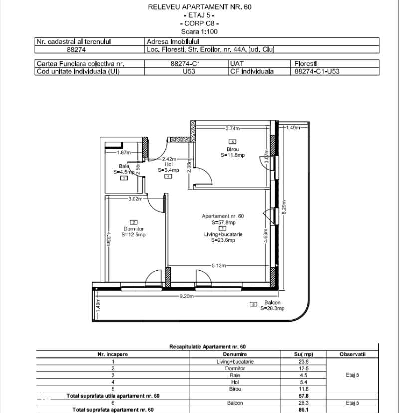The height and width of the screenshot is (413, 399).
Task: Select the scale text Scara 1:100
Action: point(199,31)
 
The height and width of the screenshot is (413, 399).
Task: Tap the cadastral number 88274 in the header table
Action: point(76,49)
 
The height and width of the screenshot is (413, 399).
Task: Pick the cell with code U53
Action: point(186,71)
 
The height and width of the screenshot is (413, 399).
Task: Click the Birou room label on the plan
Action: point(233,149)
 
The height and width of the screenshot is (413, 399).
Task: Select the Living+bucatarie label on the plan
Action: point(223,234)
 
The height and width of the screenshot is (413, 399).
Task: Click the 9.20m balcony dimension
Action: point(187,296)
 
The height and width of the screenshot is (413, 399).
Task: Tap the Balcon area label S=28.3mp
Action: point(272,309)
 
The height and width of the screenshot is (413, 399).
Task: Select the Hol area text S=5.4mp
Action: point(168,170)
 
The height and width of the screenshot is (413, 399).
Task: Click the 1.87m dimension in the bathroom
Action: point(123,152)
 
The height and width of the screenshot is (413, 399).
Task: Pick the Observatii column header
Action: point(353,354)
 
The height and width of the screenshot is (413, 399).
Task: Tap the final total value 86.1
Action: point(301,409)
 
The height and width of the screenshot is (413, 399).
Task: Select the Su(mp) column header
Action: point(301,354)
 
